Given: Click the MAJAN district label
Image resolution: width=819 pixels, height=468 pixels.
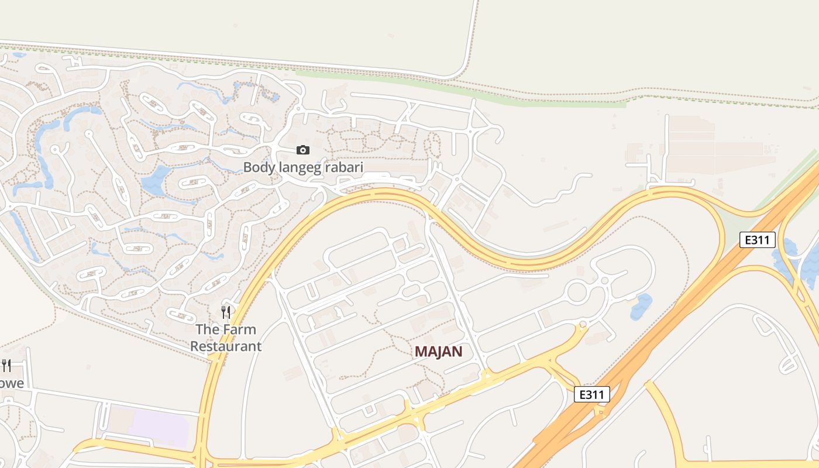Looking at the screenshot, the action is pos(439,352).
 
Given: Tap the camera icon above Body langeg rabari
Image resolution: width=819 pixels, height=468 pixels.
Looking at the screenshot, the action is pos(302,150).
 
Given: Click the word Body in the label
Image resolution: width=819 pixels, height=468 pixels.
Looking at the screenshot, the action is pos(255,167).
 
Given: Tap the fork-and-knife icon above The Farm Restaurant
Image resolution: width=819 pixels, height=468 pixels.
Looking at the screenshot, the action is pos(226,312).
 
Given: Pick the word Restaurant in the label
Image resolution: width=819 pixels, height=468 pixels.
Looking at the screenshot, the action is pos(226,346).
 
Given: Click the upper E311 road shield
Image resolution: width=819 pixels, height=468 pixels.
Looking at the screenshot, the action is pos(758,240).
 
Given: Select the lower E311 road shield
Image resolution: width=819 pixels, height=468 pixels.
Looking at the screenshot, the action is pos(591,394).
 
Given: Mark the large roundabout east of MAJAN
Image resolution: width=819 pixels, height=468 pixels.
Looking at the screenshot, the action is pos(577,290).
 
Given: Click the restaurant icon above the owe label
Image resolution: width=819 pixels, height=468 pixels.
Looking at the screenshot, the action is pos(6,366).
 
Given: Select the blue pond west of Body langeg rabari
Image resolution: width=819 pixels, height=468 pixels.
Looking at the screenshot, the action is pos(155,180).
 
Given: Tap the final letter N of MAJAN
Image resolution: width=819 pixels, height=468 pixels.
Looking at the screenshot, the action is pos(457,352).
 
